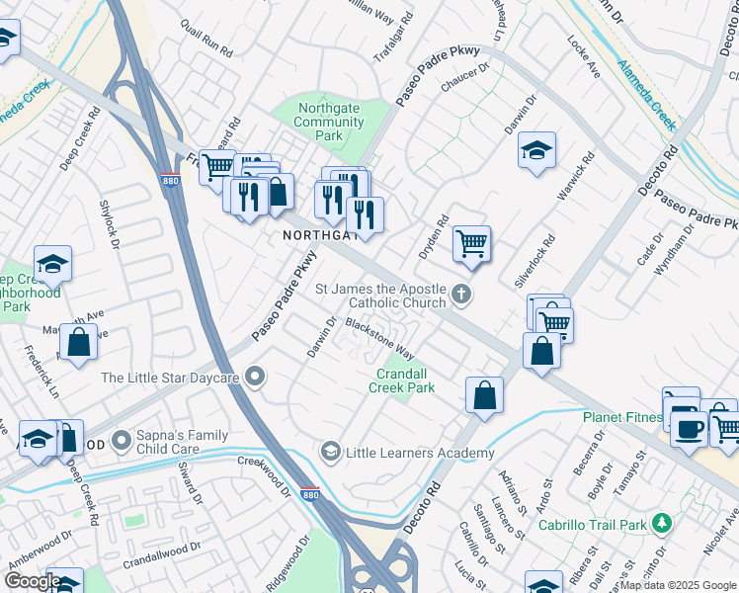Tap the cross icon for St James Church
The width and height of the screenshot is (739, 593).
460,294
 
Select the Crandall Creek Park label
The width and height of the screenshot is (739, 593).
402,381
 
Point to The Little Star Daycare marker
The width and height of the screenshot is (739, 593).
256,377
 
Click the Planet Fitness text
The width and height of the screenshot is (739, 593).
621,417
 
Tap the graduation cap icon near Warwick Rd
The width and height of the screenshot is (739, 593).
535,150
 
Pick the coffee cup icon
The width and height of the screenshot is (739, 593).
689,428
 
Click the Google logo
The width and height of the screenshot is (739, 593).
32,581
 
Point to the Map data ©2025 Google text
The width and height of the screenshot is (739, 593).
678,585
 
